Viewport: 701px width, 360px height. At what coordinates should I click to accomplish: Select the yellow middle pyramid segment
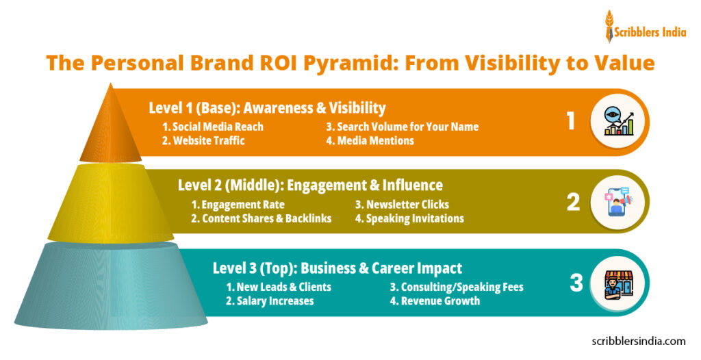[x=110, y=202]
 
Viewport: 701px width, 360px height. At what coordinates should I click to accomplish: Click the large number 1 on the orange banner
[x=570, y=121]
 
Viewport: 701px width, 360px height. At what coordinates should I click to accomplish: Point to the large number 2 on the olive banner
[x=572, y=201]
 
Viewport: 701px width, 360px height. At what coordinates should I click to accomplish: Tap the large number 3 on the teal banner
[x=574, y=282]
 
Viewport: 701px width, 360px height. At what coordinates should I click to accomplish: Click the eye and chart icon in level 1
[x=618, y=122]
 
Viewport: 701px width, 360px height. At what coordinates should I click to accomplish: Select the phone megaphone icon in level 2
[x=618, y=201]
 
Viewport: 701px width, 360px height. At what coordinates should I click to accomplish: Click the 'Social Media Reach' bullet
[x=213, y=127]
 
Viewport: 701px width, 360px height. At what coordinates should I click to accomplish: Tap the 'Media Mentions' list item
[x=370, y=141]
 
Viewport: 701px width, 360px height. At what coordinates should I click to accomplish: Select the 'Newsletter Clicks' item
[x=402, y=205]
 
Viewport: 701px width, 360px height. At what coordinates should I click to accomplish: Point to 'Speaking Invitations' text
[x=409, y=219]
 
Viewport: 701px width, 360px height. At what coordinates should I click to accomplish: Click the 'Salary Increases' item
[x=270, y=301]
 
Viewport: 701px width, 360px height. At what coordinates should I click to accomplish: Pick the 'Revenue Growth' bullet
[x=435, y=301]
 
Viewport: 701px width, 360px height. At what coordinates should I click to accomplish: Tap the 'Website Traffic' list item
[x=203, y=141]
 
